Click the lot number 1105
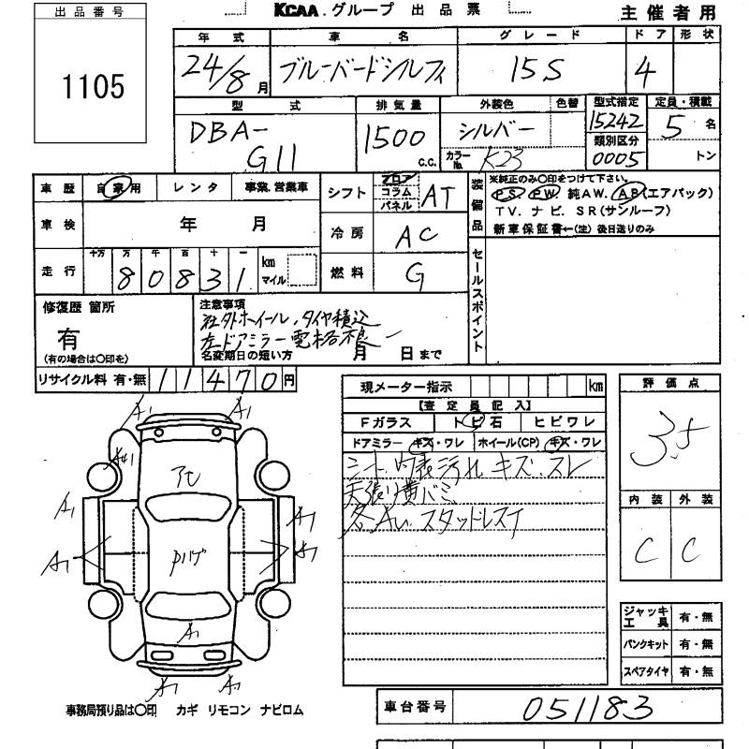[93, 87]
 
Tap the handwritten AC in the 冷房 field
[418, 235]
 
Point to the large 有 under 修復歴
[69, 338]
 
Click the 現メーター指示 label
[405, 387]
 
